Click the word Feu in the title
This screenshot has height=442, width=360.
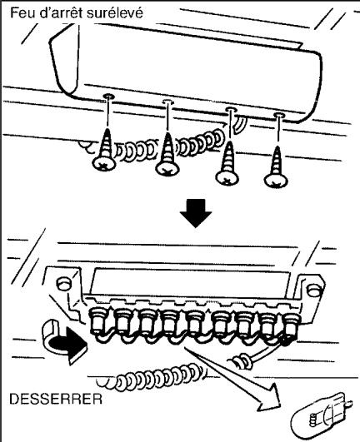pos(21,13)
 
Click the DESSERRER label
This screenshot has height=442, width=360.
pos(47,397)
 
